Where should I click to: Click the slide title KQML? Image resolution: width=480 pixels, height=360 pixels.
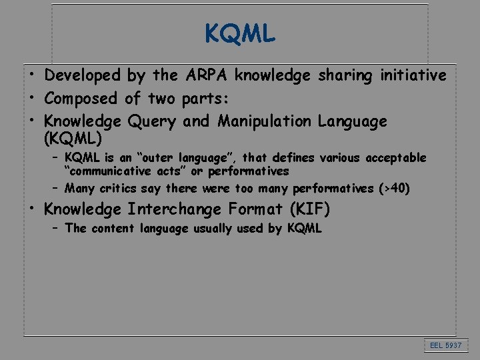(240, 33)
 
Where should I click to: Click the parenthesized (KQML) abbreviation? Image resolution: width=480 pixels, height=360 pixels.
(73, 139)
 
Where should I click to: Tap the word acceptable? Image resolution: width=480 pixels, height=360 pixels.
(393, 158)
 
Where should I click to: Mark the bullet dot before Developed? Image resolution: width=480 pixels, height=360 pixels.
(31, 75)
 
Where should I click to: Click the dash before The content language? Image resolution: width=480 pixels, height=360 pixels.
(57, 229)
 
